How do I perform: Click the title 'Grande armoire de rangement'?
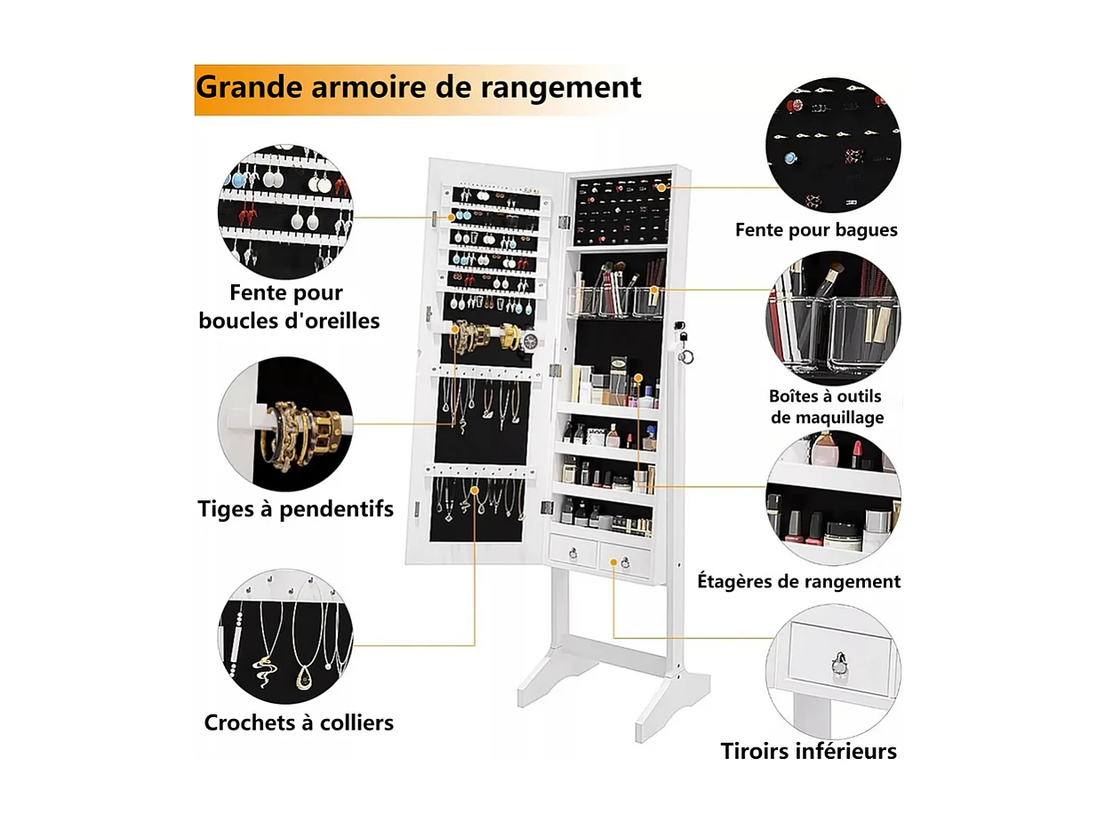coord(418,88)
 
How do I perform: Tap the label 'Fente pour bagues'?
coord(816,230)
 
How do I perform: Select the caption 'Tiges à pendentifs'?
coord(295,509)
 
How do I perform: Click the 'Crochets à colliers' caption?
coord(299,722)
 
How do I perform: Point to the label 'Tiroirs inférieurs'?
coord(808,751)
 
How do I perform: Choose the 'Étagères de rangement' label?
coord(798,581)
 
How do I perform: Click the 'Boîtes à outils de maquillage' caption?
coord(826,406)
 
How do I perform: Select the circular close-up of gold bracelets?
coord(285,425)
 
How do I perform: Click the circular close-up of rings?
coord(833,145)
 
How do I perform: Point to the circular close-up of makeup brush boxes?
coord(833,318)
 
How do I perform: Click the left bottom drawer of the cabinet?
coord(573,553)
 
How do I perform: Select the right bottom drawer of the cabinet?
coord(625,560)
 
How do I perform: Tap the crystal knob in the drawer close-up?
coord(838,662)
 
